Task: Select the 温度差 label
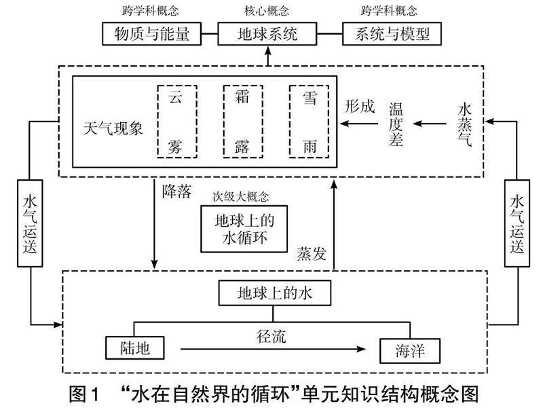(x=396, y=124)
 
